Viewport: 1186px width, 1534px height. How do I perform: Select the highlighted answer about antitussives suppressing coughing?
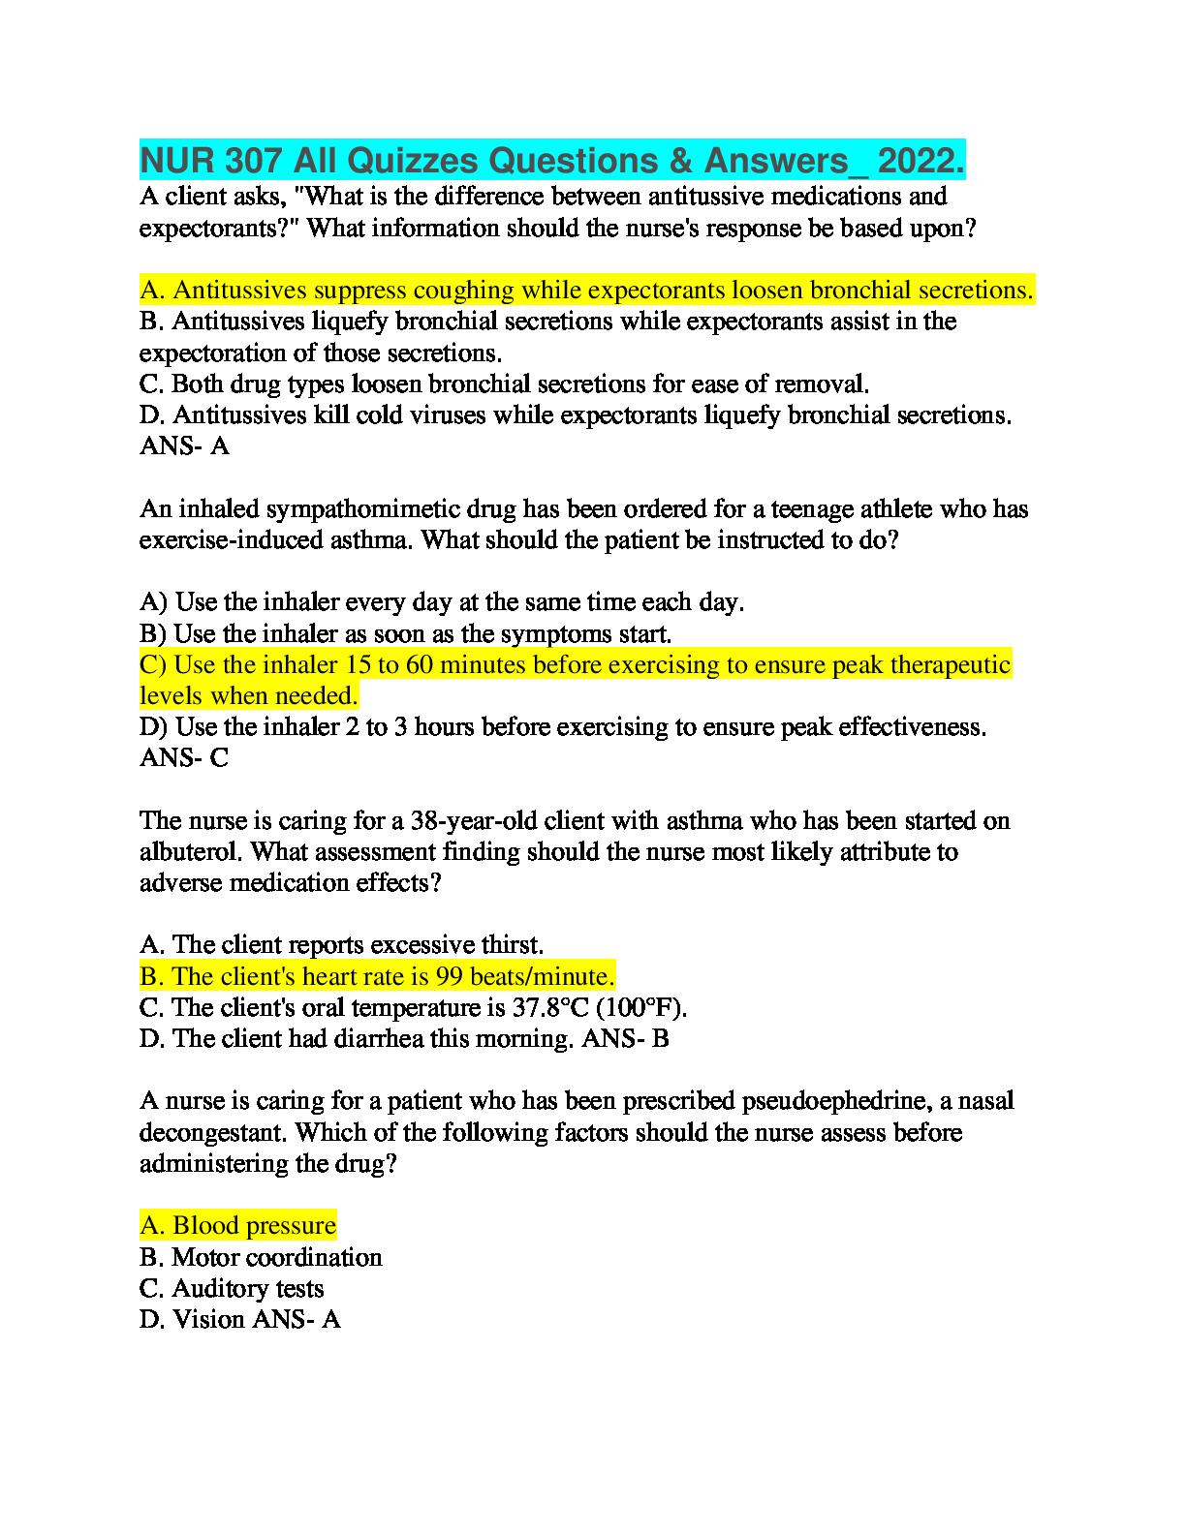click(x=587, y=290)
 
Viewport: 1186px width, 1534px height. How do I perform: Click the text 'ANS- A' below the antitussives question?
click(x=184, y=445)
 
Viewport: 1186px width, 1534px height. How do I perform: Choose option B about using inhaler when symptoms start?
click(x=406, y=633)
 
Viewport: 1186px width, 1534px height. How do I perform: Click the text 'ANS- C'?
click(x=184, y=757)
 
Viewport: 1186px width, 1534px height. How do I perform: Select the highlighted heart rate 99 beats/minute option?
click(x=378, y=975)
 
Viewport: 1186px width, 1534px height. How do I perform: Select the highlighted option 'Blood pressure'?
click(x=238, y=1225)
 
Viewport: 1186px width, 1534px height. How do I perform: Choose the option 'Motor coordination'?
click(x=261, y=1257)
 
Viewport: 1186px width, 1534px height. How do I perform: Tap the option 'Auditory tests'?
click(x=232, y=1288)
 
